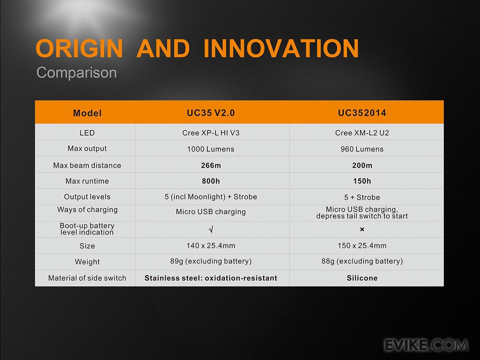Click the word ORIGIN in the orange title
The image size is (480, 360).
click(79, 48)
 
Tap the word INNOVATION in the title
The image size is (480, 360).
click(281, 48)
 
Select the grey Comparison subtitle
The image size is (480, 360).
click(76, 72)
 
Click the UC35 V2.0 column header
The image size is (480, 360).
click(211, 113)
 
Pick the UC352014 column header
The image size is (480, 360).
click(362, 113)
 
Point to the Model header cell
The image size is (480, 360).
click(87, 113)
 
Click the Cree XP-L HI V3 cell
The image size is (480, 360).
click(211, 133)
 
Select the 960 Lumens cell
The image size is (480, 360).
click(362, 149)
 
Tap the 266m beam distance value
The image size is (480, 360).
click(211, 166)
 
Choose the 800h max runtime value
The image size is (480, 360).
click(211, 181)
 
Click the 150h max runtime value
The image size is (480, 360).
click(362, 181)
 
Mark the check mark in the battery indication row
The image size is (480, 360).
click(211, 230)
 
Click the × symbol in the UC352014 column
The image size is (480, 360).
click(362, 229)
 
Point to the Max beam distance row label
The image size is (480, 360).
click(87, 166)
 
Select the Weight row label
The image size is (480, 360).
click(87, 262)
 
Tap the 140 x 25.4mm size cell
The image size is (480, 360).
click(211, 246)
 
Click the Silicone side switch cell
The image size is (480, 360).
click(362, 278)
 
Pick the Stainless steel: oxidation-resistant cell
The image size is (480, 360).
click(211, 278)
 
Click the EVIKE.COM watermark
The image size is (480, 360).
click(426, 345)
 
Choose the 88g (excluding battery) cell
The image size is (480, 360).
click(362, 261)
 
